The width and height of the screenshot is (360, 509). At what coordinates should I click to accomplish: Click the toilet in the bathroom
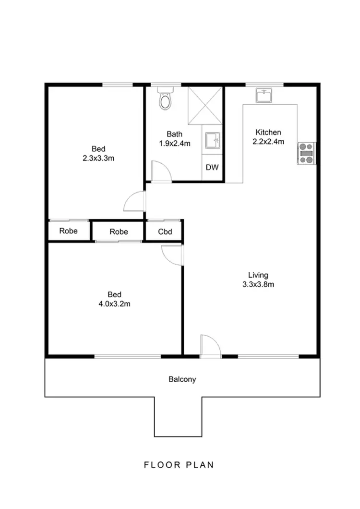(165, 99)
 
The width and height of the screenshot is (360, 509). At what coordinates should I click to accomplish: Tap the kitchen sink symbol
(263, 96)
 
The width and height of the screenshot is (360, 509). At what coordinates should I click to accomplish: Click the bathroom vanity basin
(212, 140)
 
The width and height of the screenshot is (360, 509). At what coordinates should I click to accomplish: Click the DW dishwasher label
(212, 168)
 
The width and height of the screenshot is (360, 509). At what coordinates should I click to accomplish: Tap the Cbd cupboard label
(164, 231)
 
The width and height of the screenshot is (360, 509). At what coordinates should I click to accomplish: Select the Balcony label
(182, 379)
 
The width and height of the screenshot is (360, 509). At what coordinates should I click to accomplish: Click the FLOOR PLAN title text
(179, 465)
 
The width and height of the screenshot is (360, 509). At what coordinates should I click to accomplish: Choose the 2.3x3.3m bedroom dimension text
(98, 158)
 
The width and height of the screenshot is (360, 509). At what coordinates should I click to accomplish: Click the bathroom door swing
(160, 171)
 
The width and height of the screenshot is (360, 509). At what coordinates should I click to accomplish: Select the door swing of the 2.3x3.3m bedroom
(135, 202)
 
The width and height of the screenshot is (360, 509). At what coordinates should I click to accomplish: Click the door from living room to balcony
(210, 346)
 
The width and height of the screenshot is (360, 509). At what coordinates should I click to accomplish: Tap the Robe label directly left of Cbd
(119, 231)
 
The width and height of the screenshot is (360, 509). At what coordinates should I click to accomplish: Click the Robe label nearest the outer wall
(69, 231)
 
